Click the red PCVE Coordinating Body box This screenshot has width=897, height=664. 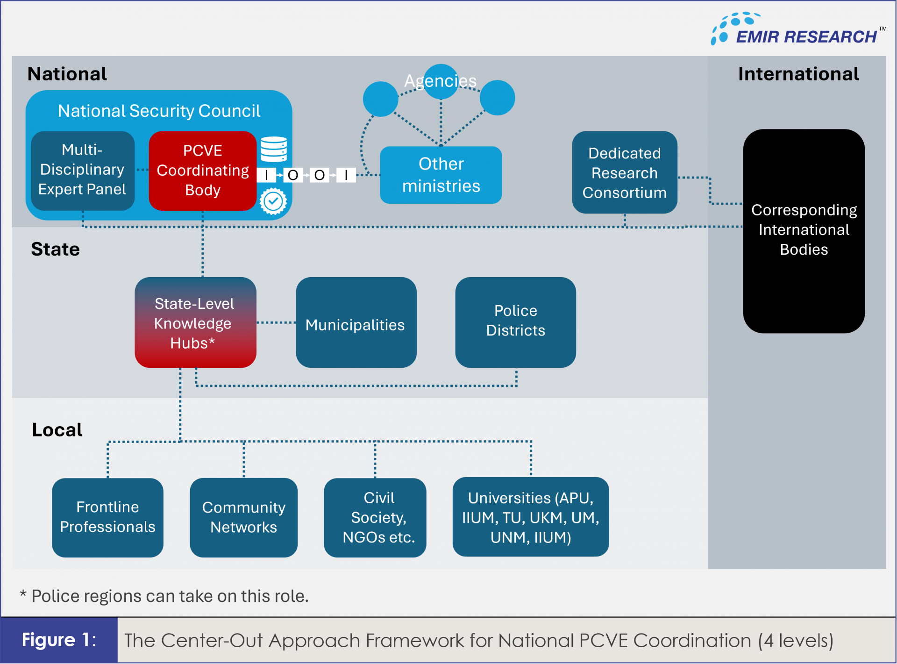202,171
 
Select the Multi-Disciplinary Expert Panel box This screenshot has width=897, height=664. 83,170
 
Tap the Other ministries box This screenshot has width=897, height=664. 441,175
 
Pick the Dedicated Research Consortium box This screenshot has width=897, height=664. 624,172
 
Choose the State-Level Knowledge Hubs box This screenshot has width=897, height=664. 195,322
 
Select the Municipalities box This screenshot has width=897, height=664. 356,322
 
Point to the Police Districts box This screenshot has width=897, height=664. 515,322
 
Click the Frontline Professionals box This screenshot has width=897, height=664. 107,517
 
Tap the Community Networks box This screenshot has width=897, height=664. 243,517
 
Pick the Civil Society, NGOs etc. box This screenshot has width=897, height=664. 375,517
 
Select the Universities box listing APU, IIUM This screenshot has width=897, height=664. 530,517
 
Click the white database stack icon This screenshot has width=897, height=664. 274,149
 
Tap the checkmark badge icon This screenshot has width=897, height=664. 273,201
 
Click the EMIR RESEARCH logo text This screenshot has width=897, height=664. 806,36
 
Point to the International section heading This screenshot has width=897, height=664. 798,74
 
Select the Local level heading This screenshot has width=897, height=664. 57,429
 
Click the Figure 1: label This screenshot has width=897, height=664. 59,640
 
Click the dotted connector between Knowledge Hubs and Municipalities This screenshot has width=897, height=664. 276,322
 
